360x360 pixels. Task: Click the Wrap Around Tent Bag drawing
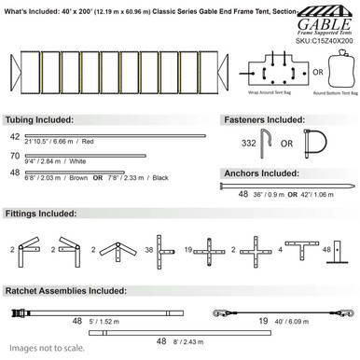tap(275, 69)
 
